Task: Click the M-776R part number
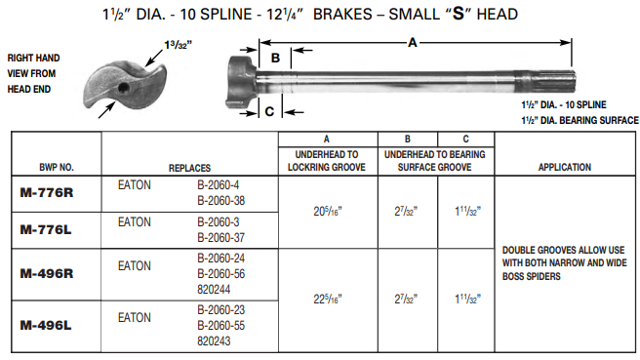click(46, 192)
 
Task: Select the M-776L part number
click(46, 229)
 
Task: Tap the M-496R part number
click(46, 273)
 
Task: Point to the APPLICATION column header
click(564, 168)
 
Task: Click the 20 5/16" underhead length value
click(326, 211)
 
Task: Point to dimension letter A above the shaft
click(414, 41)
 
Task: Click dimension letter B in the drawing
click(275, 58)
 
